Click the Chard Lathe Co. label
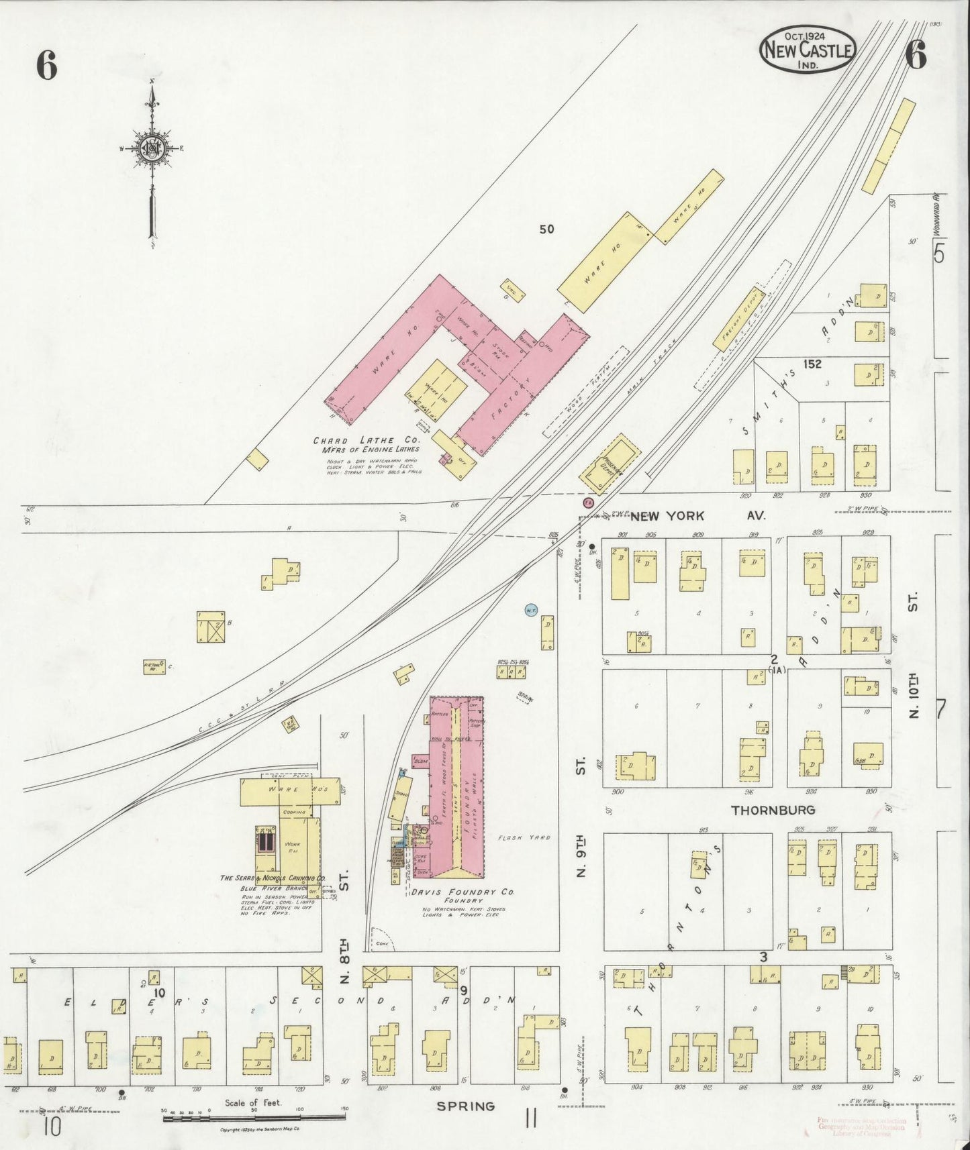(x=367, y=441)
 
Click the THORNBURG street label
(x=773, y=810)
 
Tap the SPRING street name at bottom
(x=466, y=1106)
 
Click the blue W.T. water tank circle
(x=530, y=610)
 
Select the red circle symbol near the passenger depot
(x=588, y=502)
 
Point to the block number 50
(x=546, y=229)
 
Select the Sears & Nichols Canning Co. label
(x=273, y=878)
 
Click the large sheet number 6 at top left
(x=46, y=66)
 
